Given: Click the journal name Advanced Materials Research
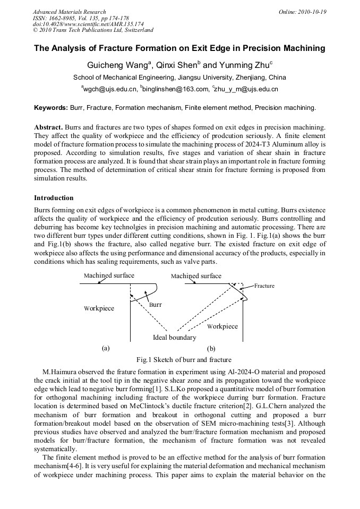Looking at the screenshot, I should [69, 12].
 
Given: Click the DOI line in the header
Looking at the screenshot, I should [88, 24].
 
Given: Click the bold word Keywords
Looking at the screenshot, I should [51, 108].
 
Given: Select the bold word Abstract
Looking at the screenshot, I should [48, 127].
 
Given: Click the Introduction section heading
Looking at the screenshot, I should [54, 197].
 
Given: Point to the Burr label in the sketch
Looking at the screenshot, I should [155, 305].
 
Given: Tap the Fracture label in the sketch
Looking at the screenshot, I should [264, 286].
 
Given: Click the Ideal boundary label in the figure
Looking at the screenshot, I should [174, 338].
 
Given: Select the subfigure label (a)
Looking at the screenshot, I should [105, 348].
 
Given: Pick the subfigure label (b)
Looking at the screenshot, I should [211, 349].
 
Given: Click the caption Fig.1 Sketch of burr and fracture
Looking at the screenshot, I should [184, 360].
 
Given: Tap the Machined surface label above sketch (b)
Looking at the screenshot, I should [196, 276].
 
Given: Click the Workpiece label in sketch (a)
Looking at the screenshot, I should [99, 308].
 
